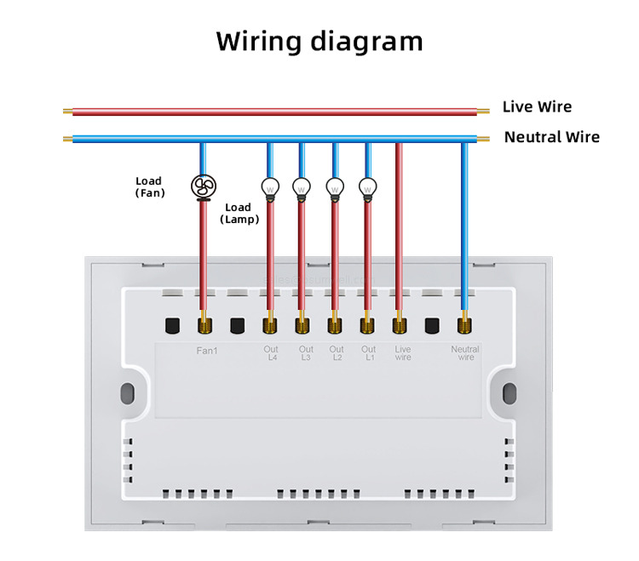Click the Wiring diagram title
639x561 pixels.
(x=319, y=41)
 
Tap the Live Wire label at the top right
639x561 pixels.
(x=537, y=106)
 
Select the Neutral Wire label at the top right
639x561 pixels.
(x=551, y=137)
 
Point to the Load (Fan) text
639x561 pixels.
(x=149, y=187)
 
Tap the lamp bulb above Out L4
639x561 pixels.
(x=269, y=186)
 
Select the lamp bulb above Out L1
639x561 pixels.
(x=367, y=186)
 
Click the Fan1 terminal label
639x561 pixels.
(x=207, y=350)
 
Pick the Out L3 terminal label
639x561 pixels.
(x=306, y=353)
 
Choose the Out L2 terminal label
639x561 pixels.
(x=337, y=353)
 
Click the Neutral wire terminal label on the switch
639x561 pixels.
(x=466, y=353)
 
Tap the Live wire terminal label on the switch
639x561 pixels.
(x=403, y=353)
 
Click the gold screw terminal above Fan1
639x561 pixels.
(x=204, y=324)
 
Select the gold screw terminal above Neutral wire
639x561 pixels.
(x=464, y=324)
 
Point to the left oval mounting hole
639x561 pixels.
(x=128, y=394)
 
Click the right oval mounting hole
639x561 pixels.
(x=509, y=394)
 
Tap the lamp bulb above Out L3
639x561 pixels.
(x=301, y=186)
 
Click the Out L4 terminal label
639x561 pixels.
(x=272, y=353)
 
